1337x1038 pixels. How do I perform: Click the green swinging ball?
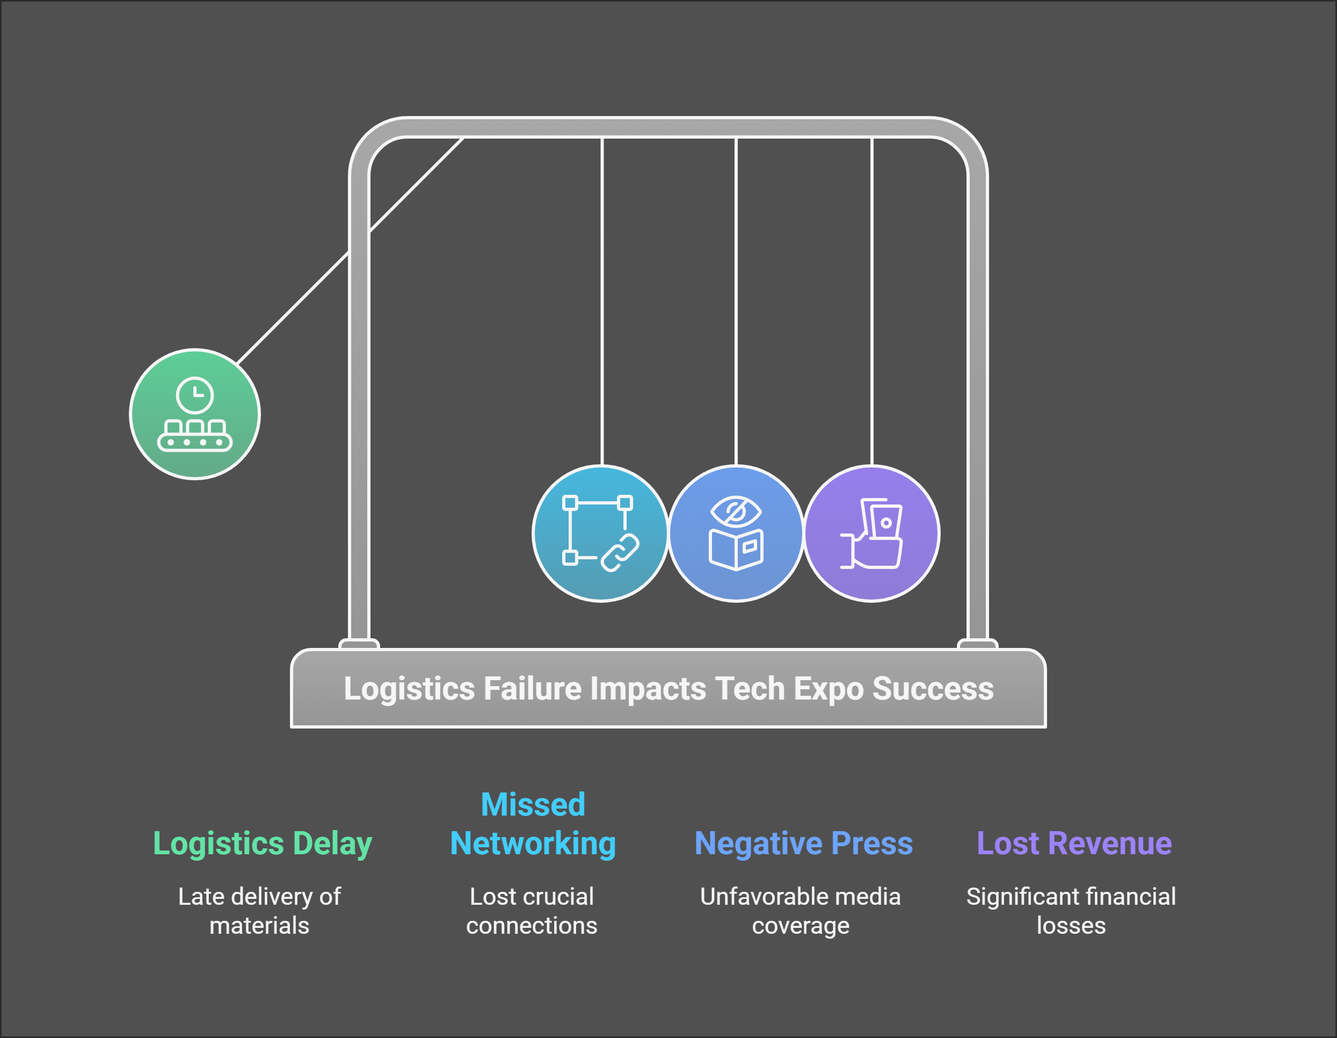point(195,415)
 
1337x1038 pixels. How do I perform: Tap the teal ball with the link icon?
point(600,534)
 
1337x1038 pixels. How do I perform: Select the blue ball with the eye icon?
point(736,534)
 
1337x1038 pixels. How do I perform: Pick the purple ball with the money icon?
point(872,534)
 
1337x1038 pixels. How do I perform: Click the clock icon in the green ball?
point(195,395)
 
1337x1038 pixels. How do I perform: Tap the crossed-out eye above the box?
point(736,511)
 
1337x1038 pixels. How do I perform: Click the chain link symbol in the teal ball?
point(620,552)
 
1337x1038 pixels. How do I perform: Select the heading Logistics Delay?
point(262,844)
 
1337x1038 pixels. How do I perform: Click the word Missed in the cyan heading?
point(533,805)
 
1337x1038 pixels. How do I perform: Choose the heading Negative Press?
point(803,844)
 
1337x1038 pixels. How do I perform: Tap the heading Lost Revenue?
point(1074,844)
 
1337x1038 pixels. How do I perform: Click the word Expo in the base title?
point(829,688)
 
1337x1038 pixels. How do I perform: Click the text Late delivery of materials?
point(259,911)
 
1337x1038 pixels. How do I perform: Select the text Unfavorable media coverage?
point(800,911)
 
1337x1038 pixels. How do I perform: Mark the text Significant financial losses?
point(1071,911)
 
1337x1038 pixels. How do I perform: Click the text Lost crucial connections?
point(532,911)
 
